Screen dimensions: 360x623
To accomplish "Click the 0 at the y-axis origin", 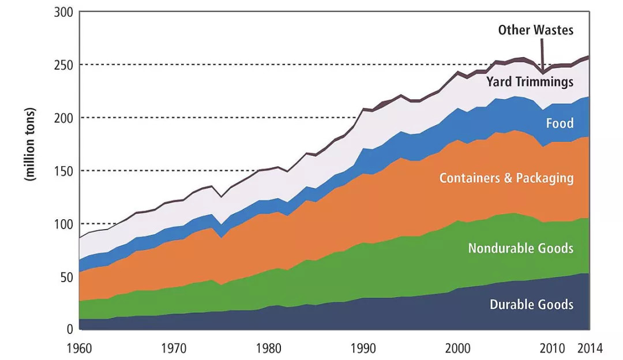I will pos(68,329).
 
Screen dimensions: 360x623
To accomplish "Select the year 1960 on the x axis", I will pos(80,348).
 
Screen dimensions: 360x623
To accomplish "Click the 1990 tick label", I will pos(363,348).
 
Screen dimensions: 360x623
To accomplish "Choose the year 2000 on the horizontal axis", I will pos(457,348).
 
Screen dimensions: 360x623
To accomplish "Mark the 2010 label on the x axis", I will pos(552,348).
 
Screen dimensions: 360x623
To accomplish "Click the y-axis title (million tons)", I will pos(29,144).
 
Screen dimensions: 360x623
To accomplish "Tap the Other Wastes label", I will pos(536,29).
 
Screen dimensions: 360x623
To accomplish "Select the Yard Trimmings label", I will pos(530,81).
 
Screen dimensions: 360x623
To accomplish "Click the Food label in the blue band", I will pos(560,123).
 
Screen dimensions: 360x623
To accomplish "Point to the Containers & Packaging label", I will pos(506,178).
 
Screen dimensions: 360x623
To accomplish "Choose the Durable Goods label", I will pos(531,305).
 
